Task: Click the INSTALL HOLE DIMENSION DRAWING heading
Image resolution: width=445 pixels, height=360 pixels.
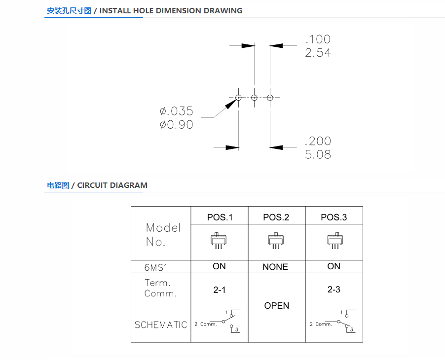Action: pyautogui.click(x=171, y=11)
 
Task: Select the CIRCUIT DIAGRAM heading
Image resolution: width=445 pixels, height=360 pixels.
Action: pyautogui.click(x=112, y=185)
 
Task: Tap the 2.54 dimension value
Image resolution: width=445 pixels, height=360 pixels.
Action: pyautogui.click(x=318, y=53)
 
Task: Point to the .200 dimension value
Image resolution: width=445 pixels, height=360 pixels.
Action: pyautogui.click(x=318, y=141)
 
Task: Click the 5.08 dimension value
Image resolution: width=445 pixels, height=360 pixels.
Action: pyautogui.click(x=318, y=155)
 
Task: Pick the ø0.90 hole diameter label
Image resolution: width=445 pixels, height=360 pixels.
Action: pyautogui.click(x=177, y=125)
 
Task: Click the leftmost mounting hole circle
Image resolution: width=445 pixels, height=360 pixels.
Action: pyautogui.click(x=238, y=98)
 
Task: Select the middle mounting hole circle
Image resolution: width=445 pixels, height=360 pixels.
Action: pyautogui.click(x=254, y=98)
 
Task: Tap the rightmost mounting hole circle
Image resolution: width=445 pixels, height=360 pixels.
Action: pyautogui.click(x=270, y=98)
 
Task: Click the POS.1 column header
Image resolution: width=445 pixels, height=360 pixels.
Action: pyautogui.click(x=220, y=217)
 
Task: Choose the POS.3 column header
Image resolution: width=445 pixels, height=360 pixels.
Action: pyautogui.click(x=334, y=217)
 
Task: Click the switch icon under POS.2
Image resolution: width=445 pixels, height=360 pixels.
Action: pyautogui.click(x=276, y=241)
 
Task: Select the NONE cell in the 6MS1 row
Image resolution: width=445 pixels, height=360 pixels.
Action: pyautogui.click(x=275, y=267)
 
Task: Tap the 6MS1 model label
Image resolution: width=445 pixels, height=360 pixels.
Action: pyautogui.click(x=156, y=267)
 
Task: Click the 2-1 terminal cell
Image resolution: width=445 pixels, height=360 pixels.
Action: pyautogui.click(x=220, y=290)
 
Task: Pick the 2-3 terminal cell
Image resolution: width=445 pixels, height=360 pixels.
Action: pyautogui.click(x=334, y=289)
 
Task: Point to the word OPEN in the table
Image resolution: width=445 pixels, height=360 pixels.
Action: pyautogui.click(x=277, y=306)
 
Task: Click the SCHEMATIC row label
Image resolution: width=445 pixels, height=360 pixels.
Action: pyautogui.click(x=161, y=325)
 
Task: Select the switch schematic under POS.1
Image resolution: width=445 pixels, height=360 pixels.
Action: pyautogui.click(x=218, y=322)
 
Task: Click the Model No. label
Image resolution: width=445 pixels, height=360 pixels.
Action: pyautogui.click(x=163, y=235)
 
